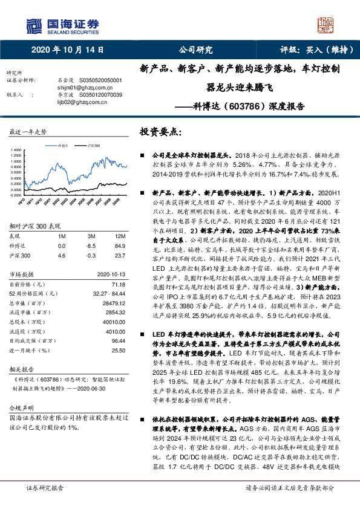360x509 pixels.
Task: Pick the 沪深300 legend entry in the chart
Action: coord(93,146)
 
